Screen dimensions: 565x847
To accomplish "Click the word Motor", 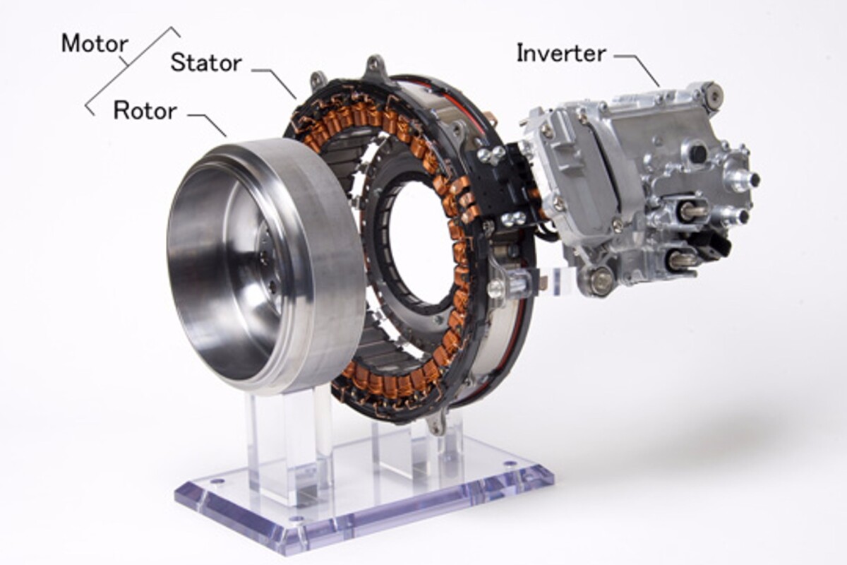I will tap(95, 44).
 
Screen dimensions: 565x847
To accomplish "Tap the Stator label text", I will tap(205, 62).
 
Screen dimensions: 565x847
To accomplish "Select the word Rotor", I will tap(145, 110).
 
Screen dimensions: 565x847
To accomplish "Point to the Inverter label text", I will tap(560, 53).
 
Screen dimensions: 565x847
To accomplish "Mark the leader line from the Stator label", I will tap(279, 81).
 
